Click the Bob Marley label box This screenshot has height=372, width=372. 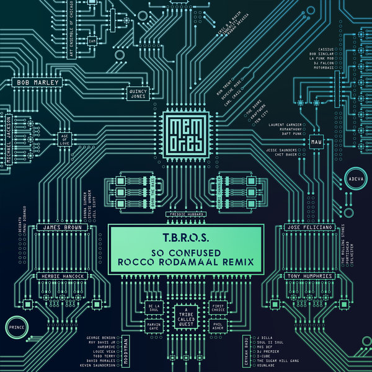tap(38, 82)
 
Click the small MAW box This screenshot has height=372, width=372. tap(317, 142)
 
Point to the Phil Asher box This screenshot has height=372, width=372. tap(217, 326)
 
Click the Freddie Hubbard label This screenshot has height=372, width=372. tap(186, 215)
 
